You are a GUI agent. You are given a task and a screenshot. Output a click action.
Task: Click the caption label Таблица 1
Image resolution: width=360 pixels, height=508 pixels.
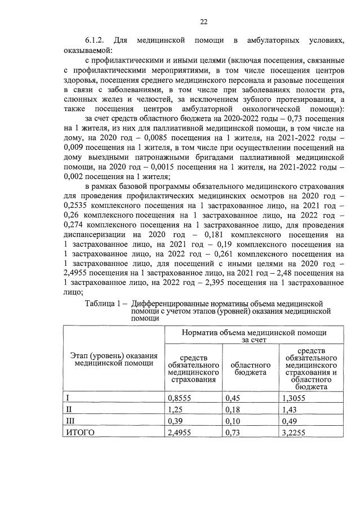click(x=104, y=303)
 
